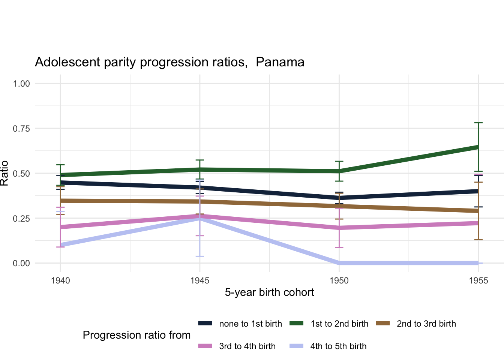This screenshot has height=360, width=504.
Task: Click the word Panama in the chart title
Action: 280,62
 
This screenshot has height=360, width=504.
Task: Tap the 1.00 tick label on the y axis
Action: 21,83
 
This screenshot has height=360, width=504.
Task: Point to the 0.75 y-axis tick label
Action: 21,128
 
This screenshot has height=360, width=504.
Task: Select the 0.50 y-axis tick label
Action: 21,173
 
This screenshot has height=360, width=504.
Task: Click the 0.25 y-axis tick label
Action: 21,218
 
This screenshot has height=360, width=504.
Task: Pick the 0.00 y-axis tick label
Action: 21,263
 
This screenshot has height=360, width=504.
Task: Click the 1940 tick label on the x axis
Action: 60,280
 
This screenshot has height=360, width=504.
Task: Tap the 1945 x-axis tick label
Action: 199,280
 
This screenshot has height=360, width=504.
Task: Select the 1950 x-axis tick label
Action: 339,280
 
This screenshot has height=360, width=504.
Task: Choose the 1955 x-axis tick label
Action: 478,280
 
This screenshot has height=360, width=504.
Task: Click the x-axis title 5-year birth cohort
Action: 269,292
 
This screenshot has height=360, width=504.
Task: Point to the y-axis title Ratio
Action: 4,173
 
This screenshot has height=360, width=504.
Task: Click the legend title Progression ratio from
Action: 136,335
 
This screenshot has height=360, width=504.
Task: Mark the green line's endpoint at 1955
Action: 478,147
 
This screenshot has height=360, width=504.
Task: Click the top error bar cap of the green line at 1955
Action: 478,123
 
